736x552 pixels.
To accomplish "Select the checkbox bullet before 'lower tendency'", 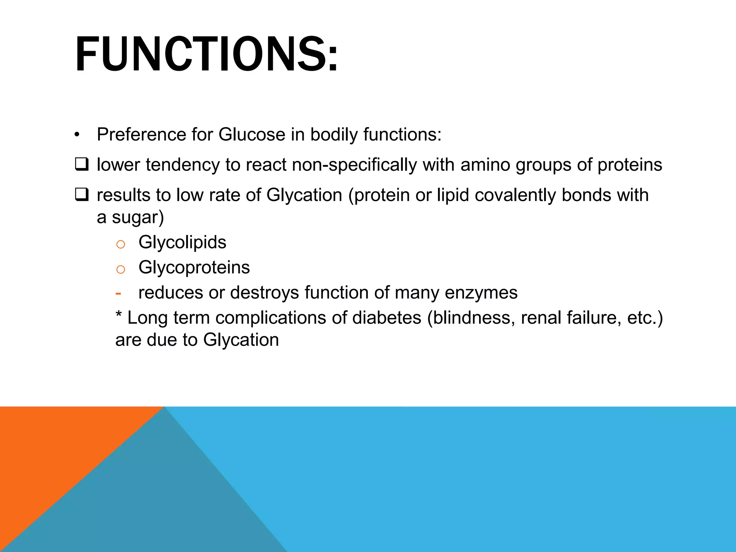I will (82, 164).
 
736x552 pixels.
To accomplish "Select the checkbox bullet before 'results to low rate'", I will (82, 194).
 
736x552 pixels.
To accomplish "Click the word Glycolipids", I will (182, 242).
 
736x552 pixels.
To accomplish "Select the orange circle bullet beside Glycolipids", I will (121, 244).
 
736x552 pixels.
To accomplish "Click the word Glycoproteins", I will (194, 267).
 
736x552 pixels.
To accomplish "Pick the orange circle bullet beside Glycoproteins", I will (121, 270).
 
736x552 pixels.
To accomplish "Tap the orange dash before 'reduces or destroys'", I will (118, 293).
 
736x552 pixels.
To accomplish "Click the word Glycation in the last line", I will (241, 340).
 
